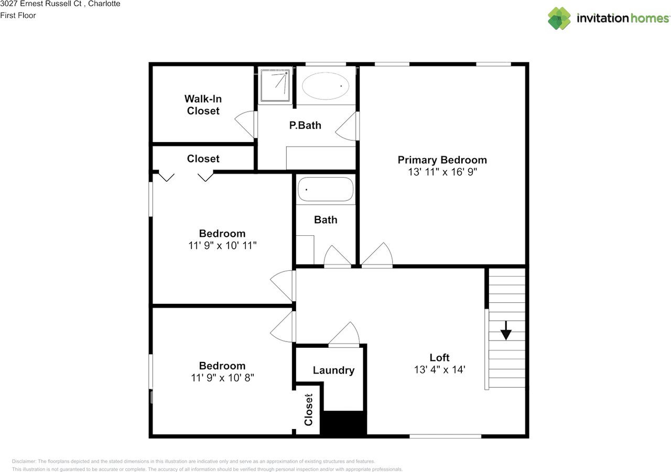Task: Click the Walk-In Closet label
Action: [203, 105]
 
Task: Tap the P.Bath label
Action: [305, 126]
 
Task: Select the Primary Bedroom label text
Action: [442, 160]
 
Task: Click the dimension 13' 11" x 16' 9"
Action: [442, 172]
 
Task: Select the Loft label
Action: [439, 358]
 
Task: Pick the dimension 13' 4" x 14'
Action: [439, 370]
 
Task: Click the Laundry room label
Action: [333, 370]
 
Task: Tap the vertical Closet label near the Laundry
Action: [308, 410]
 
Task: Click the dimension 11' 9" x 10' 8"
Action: [222, 378]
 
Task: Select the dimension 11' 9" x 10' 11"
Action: [222, 245]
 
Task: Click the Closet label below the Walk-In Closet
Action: [203, 159]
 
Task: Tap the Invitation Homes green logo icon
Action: [559, 18]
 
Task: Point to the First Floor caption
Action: [18, 16]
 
